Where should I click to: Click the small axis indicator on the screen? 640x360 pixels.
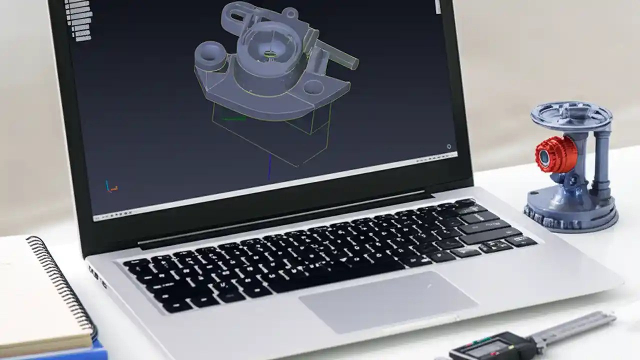[111, 186]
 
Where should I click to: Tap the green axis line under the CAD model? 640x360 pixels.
[233, 119]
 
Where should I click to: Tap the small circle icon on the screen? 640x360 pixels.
[448, 146]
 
